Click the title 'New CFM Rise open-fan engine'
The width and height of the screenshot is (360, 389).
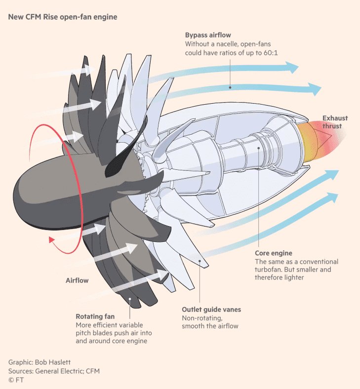coord(62,17)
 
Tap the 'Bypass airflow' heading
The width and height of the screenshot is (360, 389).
coord(208,36)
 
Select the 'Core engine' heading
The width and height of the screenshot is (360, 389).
coord(273,253)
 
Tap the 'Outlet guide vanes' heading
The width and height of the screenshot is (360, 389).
coord(211,310)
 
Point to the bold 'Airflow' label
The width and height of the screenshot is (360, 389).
coord(77,280)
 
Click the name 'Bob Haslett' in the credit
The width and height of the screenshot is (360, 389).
coord(52,362)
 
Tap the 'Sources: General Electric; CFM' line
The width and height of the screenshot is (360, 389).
coord(57,371)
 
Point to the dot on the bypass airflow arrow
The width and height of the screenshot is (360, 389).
coord(230,87)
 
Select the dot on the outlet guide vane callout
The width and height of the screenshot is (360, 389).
coord(199,260)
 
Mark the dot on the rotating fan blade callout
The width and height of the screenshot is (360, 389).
coord(129,299)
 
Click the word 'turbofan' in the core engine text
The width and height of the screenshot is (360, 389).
coord(269,270)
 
